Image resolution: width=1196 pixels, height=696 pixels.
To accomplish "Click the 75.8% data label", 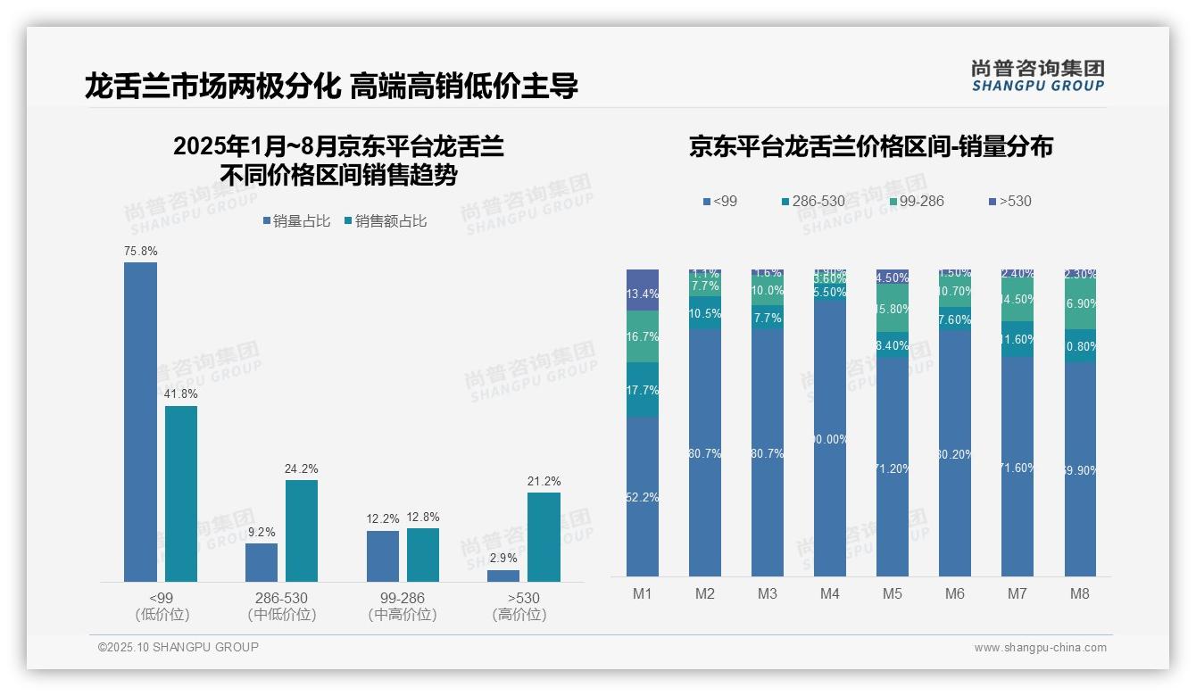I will pos(140,252).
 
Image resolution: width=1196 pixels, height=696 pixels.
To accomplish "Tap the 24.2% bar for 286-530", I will pos(302,531).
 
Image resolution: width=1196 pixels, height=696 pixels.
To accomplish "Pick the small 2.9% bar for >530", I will pos(503,576).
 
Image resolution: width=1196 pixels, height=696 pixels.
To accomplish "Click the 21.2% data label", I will pos(544,482).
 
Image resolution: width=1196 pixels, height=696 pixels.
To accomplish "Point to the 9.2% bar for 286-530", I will pos(262,562).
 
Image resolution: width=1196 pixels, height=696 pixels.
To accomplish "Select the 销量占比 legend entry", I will pos(296,220).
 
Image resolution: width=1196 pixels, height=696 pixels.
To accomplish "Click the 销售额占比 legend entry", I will pos(385,220).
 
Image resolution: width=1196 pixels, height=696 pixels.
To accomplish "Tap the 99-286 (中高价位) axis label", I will pos(402,606).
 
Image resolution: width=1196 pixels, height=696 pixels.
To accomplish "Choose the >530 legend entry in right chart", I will pos(1010,201).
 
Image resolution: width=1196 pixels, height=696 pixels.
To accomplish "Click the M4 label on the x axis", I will pos(830,594).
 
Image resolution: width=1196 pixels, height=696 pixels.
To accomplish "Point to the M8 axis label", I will pos(1080,594).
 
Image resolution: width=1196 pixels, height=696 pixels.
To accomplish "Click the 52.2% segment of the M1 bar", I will pos(643,496).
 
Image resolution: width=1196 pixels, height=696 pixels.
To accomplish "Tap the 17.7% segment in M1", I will pos(643,390).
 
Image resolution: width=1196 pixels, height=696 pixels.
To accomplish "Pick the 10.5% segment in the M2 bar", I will pos(705,314).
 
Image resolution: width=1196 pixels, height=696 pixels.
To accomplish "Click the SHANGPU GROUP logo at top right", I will pos(1037,76).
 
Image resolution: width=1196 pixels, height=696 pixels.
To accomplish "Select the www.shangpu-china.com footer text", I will pos(1040,648).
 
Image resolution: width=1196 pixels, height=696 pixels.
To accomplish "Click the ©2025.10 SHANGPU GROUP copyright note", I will pos(179,647).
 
